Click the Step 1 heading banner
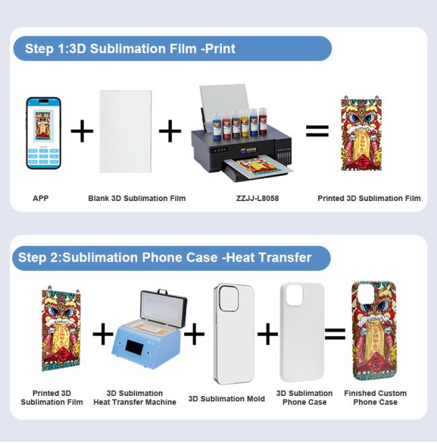point(172,48)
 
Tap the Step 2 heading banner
point(171,257)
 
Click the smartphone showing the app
point(44,133)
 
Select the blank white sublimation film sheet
point(126,131)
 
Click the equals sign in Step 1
point(317,131)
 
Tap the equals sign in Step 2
point(335,334)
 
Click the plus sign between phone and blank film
point(82,131)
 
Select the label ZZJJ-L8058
point(257,198)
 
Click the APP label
point(40,198)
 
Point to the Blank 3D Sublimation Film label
point(136,198)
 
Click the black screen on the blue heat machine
point(134,347)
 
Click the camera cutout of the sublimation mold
point(229,298)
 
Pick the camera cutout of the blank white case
point(294,295)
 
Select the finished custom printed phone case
point(374,331)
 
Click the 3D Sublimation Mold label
point(227,399)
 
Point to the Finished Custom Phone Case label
point(375,397)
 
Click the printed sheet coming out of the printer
point(257,166)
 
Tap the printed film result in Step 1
point(361,133)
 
